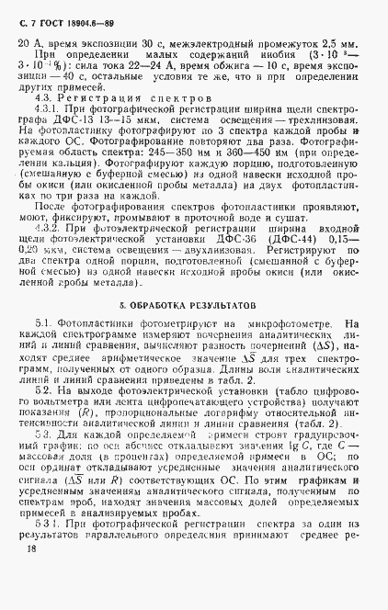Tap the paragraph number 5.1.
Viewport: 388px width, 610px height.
click(47, 322)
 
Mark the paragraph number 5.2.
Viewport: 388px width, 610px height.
click(46, 392)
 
